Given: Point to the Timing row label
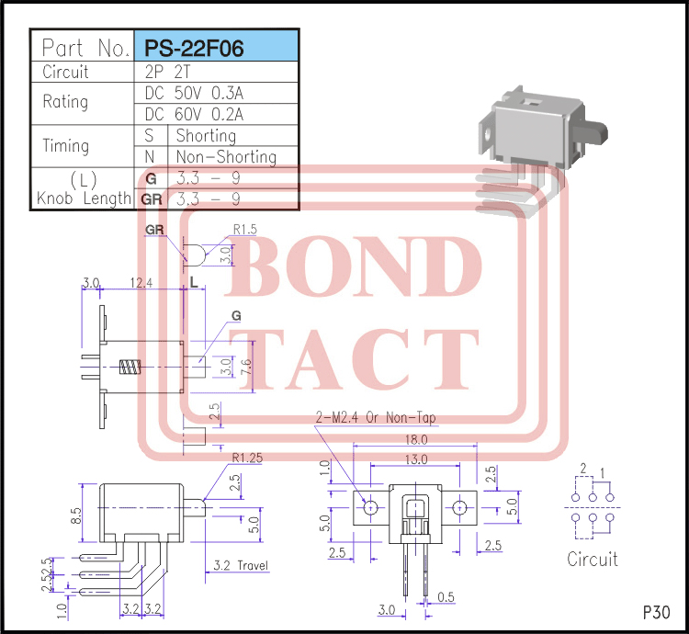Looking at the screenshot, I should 66,145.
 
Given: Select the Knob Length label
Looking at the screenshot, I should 85,198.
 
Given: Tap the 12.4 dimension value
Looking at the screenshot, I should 142,283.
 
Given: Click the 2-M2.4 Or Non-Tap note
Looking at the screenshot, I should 377,418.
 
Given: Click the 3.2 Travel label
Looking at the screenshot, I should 241,565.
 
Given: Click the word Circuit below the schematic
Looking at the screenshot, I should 593,559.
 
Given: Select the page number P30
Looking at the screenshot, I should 656,612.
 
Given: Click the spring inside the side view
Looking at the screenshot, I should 129,368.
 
